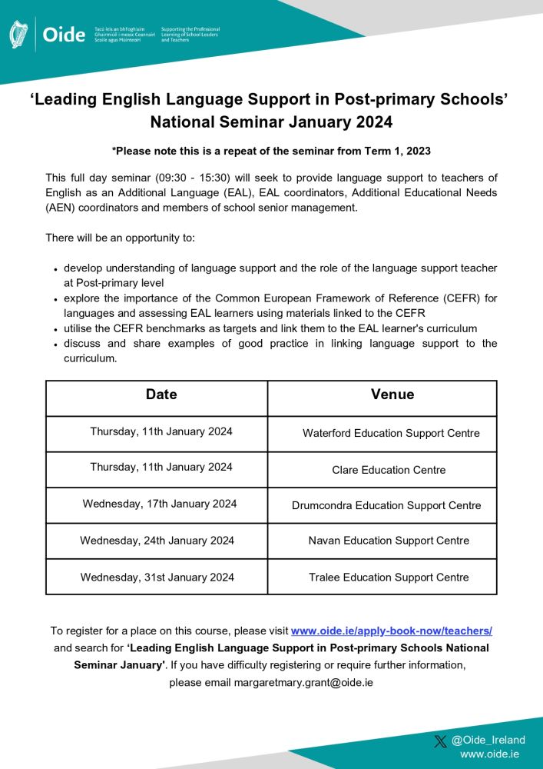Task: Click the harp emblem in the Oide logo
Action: coord(18,35)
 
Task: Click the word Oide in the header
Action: coord(64,35)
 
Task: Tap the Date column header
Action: coord(161,394)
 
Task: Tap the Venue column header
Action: coord(392,394)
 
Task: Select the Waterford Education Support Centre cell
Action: coord(391,433)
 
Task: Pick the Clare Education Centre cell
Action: coord(389,470)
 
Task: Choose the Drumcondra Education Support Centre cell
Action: coord(386,505)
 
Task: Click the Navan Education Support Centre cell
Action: coord(389,541)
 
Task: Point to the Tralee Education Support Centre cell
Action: coord(389,577)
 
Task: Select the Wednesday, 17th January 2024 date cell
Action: coord(160,504)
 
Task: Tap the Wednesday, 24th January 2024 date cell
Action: coord(157,541)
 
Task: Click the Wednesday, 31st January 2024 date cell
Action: coord(157,577)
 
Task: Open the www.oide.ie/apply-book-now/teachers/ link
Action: coord(391,631)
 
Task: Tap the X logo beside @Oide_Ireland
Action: coord(440,741)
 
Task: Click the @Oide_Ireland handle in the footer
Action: coord(488,741)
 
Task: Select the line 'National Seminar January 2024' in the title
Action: coord(271,122)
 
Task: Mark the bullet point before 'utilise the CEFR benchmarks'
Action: coord(56,328)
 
